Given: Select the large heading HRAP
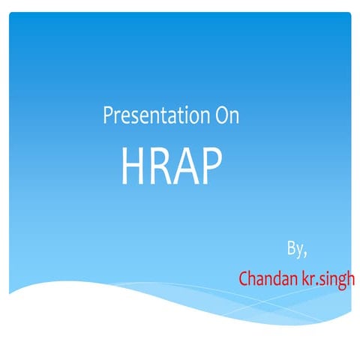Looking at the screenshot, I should click(x=172, y=166).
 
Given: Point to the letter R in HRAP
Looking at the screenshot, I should click(x=160, y=166).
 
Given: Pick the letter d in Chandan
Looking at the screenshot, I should click(x=277, y=279).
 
